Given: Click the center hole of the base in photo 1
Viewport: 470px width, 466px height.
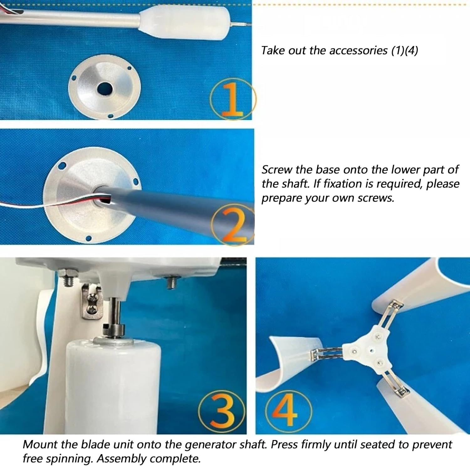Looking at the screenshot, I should coord(105,89).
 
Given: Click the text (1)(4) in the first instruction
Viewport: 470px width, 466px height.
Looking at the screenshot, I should coord(405,50).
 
